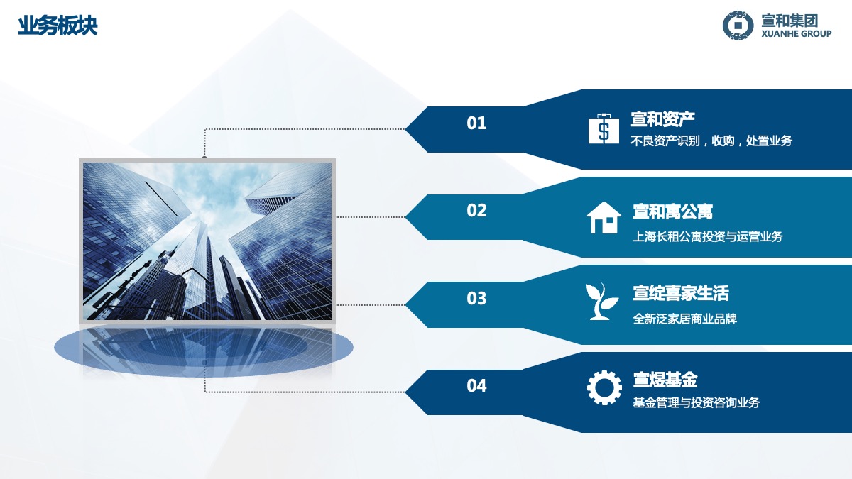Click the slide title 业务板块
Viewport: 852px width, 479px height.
pyautogui.click(x=58, y=26)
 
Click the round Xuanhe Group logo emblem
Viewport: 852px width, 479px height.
pyautogui.click(x=738, y=26)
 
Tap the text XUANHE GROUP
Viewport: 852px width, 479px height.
pyautogui.click(x=797, y=34)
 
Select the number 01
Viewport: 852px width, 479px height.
pyautogui.click(x=476, y=123)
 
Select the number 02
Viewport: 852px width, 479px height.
pyautogui.click(x=476, y=210)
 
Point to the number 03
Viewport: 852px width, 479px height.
pyautogui.click(x=476, y=299)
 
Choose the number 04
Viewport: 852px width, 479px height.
pyautogui.click(x=476, y=386)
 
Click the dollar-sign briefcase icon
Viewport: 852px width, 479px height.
pyautogui.click(x=603, y=128)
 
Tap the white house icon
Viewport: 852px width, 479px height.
pyautogui.click(x=604, y=217)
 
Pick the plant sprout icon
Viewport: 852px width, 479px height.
pyautogui.click(x=602, y=301)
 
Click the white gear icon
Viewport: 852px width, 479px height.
pyautogui.click(x=604, y=387)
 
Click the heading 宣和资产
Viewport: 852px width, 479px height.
pyautogui.click(x=663, y=119)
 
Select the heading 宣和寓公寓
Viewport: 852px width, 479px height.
pyautogui.click(x=672, y=211)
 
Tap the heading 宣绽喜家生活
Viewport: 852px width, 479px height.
pyautogui.click(x=681, y=294)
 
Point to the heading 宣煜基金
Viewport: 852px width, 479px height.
pyautogui.click(x=665, y=380)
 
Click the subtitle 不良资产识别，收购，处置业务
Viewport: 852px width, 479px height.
pyautogui.click(x=711, y=141)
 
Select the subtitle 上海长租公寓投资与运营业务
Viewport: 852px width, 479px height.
pyautogui.click(x=708, y=237)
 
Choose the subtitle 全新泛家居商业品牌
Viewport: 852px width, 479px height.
pyautogui.click(x=685, y=319)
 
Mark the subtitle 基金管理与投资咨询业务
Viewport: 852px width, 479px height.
pyautogui.click(x=697, y=402)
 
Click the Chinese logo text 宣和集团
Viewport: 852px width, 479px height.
pyautogui.click(x=790, y=21)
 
